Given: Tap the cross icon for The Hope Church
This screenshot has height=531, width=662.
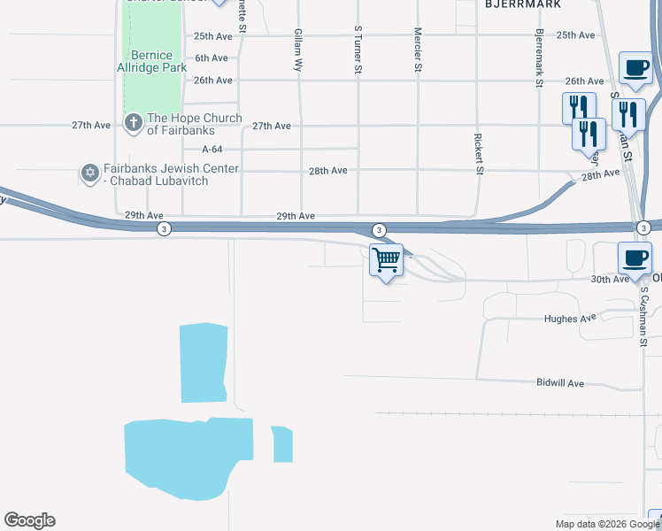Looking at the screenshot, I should [134, 123].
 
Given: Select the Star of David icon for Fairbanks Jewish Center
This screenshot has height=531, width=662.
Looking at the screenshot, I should [89, 173].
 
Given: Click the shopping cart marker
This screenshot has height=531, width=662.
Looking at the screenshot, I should [386, 260].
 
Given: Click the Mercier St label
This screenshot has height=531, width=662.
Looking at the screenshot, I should [418, 49].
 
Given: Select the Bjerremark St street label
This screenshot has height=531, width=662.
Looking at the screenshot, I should [538, 58].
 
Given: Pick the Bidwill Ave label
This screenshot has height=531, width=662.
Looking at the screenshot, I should [560, 383].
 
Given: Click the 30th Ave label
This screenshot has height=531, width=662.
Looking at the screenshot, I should [611, 279].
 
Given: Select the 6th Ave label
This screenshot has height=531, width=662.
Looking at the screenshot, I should [212, 58].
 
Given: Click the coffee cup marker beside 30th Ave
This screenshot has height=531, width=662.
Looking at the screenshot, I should [634, 258].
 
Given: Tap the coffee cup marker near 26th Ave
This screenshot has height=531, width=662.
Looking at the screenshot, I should [636, 67].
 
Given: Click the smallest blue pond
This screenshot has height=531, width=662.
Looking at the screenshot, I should [282, 444].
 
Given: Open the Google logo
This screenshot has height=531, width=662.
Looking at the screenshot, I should [29, 520].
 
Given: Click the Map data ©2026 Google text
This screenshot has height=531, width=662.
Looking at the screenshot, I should [607, 524].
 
